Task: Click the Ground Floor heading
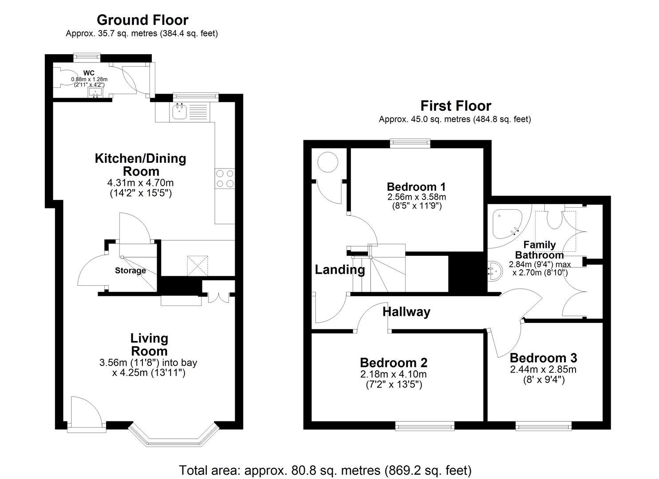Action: tap(142, 20)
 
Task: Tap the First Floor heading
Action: tap(456, 106)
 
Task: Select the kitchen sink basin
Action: tap(180, 112)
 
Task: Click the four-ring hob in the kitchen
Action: tap(225, 178)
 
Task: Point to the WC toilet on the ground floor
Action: tap(63, 77)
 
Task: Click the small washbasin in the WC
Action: tap(95, 93)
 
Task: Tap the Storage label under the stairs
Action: tap(130, 271)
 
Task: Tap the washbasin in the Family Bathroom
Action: tap(495, 271)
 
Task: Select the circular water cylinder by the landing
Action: tap(328, 162)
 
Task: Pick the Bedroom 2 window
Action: tap(425, 426)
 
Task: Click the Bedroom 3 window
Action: tap(543, 426)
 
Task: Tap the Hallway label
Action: tap(406, 312)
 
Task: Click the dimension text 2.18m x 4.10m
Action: tap(393, 374)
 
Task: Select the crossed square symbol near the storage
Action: tap(197, 266)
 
